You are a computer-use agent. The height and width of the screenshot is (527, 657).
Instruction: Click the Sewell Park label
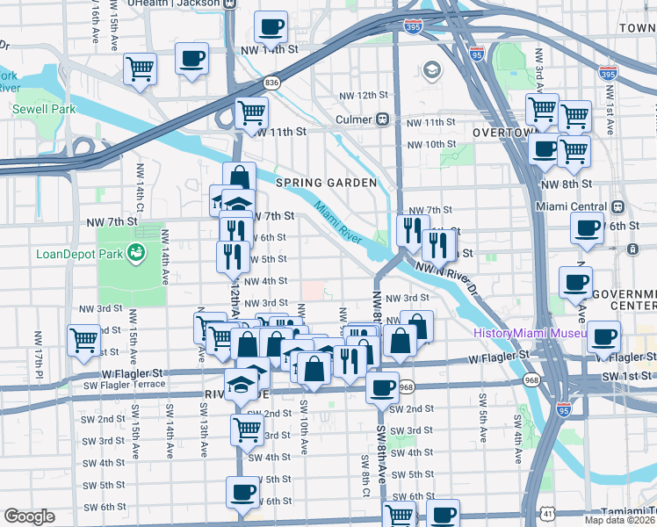[x=44, y=110]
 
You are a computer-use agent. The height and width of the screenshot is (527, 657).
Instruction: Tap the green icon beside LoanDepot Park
[x=136, y=254]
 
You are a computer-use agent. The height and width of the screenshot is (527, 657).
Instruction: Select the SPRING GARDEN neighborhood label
[x=326, y=183]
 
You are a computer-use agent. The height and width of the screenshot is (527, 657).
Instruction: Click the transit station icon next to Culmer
[x=383, y=119]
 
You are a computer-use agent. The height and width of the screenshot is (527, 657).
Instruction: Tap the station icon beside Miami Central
[x=617, y=207]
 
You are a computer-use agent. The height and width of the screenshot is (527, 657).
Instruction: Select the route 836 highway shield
[x=272, y=83]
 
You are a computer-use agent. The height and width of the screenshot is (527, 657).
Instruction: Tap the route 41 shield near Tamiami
[x=546, y=512]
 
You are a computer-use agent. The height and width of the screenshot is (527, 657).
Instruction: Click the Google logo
[x=29, y=516]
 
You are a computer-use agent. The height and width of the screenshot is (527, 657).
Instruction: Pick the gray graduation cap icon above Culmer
[x=432, y=69]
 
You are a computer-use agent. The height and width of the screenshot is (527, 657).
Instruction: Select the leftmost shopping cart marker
[x=83, y=339]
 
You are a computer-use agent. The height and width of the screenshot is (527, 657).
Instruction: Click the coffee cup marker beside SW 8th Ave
[x=382, y=387]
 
